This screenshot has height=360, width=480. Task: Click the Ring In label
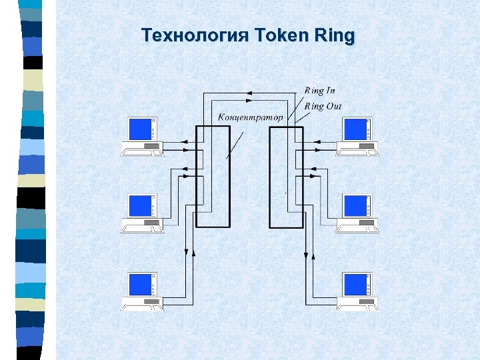319,90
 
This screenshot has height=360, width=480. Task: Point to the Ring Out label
323,106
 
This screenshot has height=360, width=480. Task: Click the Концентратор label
250,117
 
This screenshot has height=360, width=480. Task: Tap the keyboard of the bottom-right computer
357,309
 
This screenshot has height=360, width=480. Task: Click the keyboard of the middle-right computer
357,230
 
